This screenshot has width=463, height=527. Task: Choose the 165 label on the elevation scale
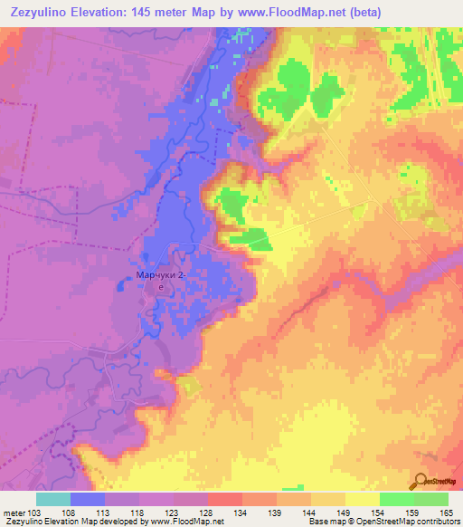448,513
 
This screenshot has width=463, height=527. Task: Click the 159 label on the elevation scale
413,513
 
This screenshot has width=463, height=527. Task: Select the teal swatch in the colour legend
53,499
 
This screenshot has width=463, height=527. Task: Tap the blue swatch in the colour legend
88,499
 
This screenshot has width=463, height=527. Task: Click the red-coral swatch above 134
225,499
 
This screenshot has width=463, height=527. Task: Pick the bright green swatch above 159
397,499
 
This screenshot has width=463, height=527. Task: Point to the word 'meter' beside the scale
13,513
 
